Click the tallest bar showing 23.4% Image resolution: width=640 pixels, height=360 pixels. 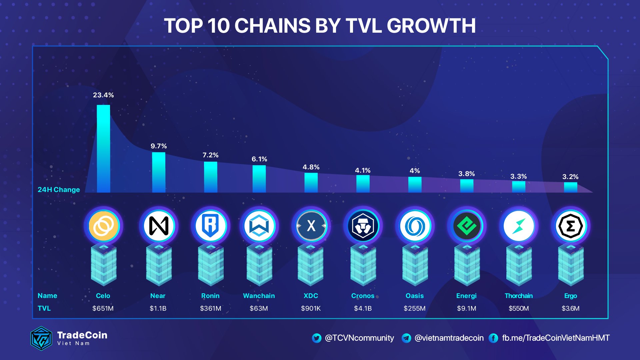coord(103,149)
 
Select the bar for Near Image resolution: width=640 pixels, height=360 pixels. coord(159,172)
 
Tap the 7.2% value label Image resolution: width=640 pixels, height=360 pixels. coord(210,155)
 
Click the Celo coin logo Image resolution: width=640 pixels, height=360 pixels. coord(103,226)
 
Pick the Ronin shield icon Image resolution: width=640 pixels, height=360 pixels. coord(210,226)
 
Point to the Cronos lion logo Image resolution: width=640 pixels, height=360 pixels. coord(363,226)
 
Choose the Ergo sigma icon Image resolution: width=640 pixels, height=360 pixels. coord(570,226)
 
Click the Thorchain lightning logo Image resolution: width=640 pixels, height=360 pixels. coord(519,226)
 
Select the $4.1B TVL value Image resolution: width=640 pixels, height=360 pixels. coord(363,308)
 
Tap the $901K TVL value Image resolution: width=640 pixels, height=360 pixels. coord(311,308)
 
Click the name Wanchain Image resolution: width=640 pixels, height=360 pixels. coord(259,296)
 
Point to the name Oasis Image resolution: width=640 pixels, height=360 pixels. coord(414,296)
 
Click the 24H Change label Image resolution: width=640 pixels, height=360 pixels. coord(59,190)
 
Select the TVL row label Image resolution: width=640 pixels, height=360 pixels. coord(44,308)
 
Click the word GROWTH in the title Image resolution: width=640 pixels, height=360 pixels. coord(431,26)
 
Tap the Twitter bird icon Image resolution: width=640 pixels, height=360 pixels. coord(316,338)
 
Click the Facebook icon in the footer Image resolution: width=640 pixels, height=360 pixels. coord(493,338)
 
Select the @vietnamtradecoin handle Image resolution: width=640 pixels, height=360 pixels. coord(449,338)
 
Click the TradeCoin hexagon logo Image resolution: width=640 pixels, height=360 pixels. coord(41,338)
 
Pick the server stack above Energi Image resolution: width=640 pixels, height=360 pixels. coord(467,265)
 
